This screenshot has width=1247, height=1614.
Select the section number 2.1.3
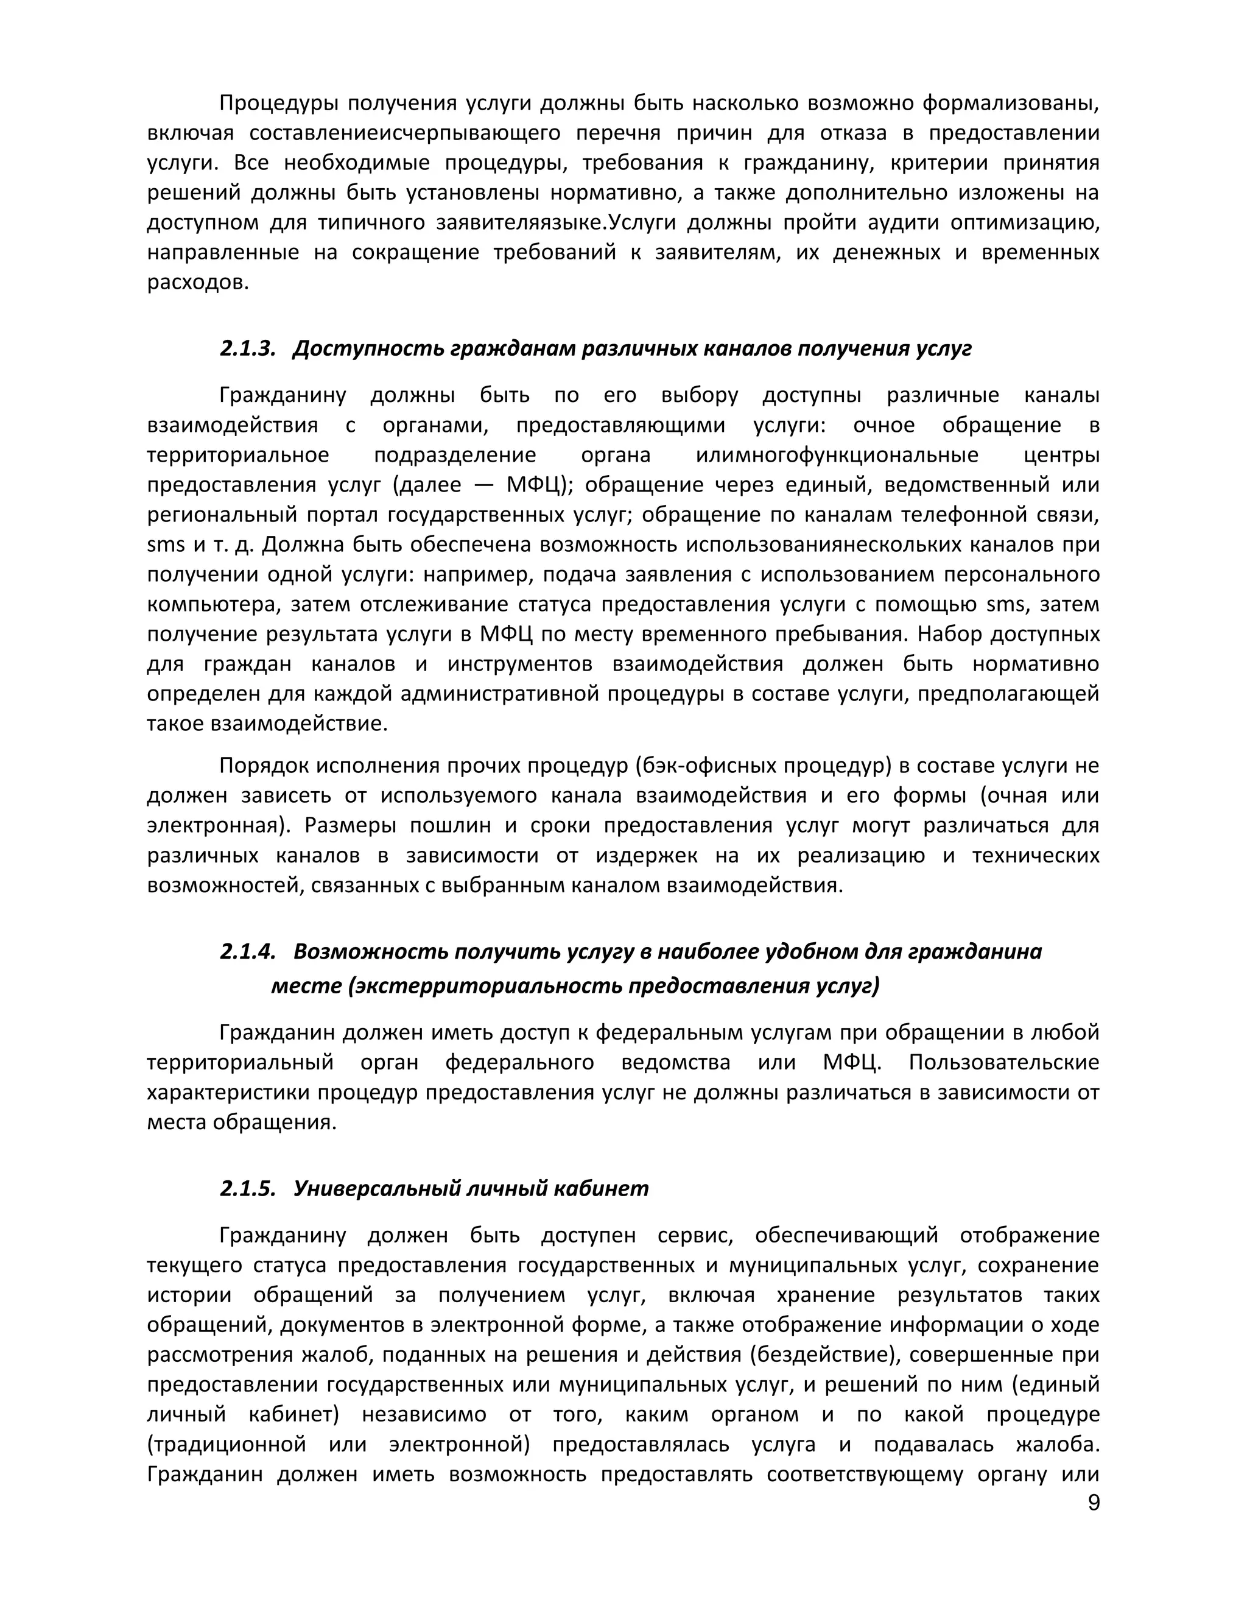(x=247, y=349)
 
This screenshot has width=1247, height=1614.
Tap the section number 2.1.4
(x=247, y=951)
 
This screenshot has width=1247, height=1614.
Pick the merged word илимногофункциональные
(x=837, y=455)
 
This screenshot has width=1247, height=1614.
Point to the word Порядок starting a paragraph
(x=264, y=766)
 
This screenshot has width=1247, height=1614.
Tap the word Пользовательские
(x=1004, y=1063)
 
